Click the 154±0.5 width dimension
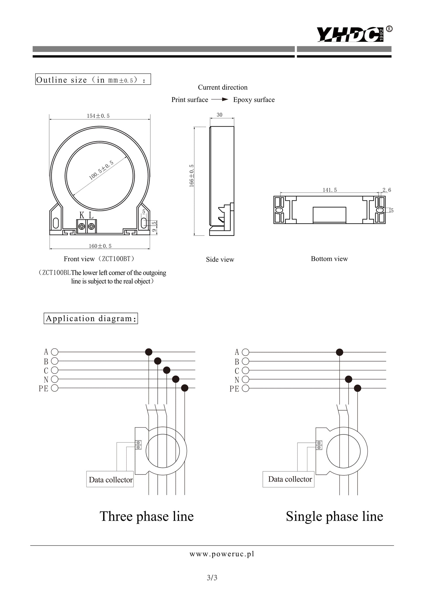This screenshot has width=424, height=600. click(98, 116)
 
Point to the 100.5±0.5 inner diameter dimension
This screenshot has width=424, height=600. click(101, 170)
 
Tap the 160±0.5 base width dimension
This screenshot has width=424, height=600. click(100, 246)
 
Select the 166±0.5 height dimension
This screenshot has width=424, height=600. click(191, 175)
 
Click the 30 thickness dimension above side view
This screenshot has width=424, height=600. click(219, 115)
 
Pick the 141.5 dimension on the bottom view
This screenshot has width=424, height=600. click(330, 190)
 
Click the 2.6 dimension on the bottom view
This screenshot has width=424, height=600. click(387, 190)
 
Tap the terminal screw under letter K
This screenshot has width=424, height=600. click(82, 226)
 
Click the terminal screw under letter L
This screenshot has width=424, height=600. click(91, 226)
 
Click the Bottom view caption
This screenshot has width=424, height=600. click(329, 259)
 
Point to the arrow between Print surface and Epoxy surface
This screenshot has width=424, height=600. click(219, 100)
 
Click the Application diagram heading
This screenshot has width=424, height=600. click(91, 318)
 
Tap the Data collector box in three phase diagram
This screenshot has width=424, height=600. click(110, 479)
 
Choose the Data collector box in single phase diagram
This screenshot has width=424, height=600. click(289, 479)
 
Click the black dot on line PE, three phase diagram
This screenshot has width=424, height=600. click(185, 388)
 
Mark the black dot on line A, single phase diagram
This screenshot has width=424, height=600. click(340, 352)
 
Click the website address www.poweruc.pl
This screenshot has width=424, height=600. click(222, 554)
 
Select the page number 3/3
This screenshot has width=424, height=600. click(212, 578)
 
